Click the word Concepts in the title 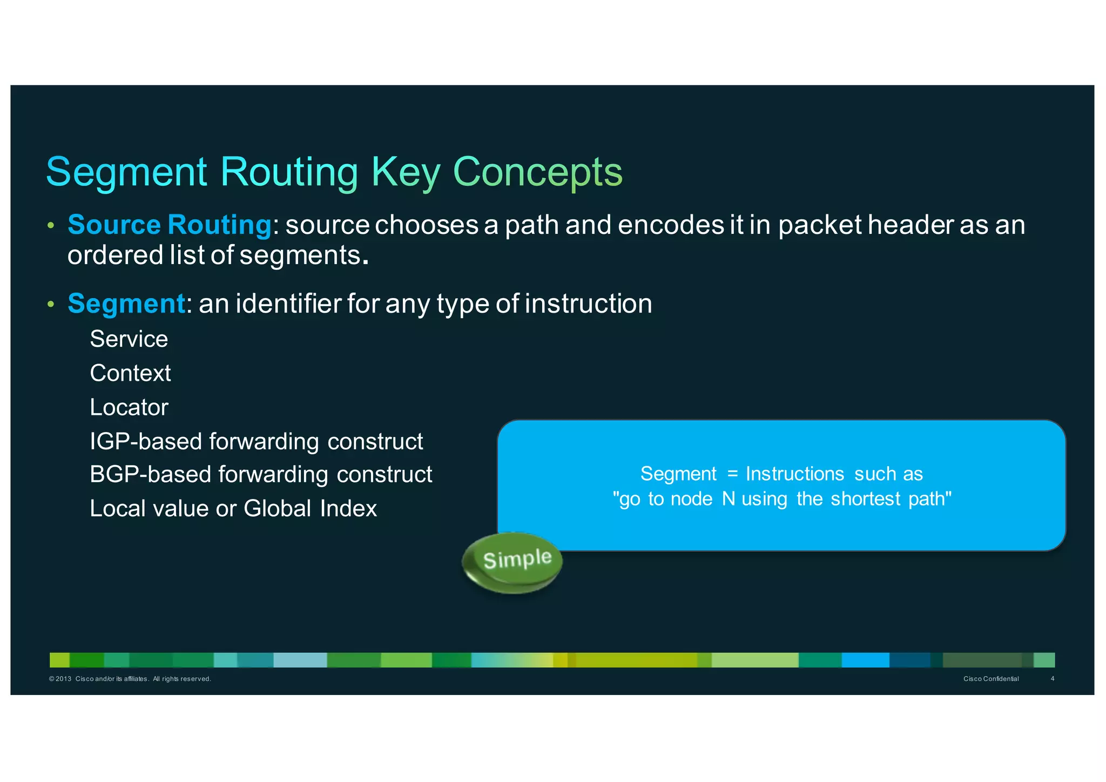point(537,172)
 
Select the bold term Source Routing point(169,225)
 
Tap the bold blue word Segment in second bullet point(126,304)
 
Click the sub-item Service point(129,339)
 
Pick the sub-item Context point(130,373)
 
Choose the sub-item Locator point(129,407)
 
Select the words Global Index point(310,509)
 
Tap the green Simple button point(513,562)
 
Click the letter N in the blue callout point(728,498)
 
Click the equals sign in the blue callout point(732,474)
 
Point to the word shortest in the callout point(865,498)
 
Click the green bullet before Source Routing point(51,226)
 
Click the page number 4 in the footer point(1052,679)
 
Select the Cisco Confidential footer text point(990,679)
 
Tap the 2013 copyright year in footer point(63,679)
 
